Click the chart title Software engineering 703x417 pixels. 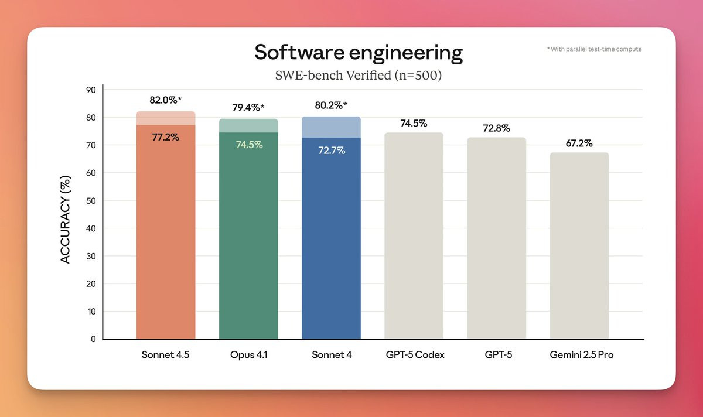coord(359,53)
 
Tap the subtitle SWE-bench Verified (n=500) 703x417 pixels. coord(359,76)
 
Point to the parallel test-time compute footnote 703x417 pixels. coord(594,49)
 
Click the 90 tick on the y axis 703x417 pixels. coord(91,90)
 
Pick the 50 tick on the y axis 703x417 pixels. coord(91,201)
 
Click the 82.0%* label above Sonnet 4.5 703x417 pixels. coord(166,100)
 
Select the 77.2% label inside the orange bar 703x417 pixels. coord(166,138)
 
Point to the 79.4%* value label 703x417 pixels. coord(248,107)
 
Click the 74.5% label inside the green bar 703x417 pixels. coord(249,145)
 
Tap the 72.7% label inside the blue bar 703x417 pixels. coord(332,151)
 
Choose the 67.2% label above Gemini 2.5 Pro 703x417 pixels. coord(579,143)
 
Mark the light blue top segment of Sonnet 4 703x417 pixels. coord(331,127)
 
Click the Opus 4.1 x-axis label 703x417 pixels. coord(248,355)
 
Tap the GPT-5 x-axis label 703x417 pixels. coord(496,355)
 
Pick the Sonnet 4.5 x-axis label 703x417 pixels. coord(166,355)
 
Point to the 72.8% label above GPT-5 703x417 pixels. coord(496,128)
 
